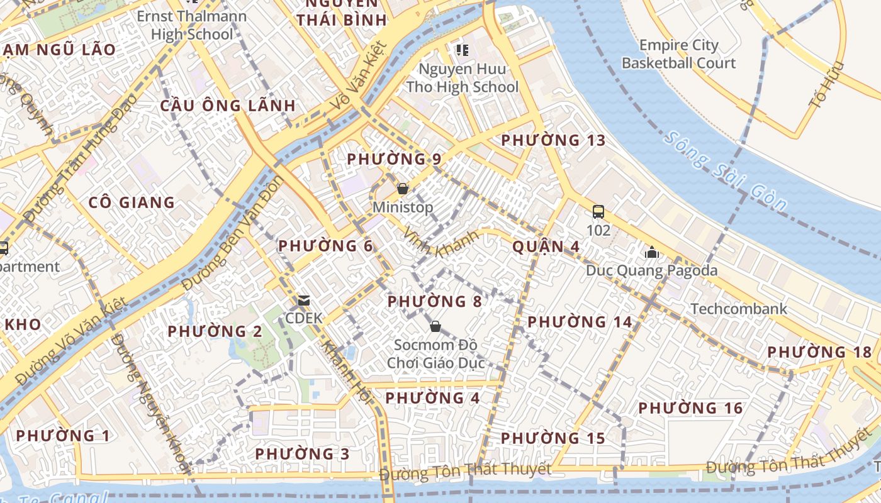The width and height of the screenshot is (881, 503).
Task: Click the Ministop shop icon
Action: coord(403,189)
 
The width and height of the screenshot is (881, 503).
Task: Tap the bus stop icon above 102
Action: coord(598,212)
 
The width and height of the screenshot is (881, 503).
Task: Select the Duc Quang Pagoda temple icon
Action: coord(651,253)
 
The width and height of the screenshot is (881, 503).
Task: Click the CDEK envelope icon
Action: coord(305,301)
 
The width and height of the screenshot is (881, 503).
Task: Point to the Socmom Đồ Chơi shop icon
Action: coord(435,326)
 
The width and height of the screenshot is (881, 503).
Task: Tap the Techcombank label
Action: coord(739,309)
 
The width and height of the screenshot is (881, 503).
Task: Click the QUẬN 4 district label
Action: coord(546,246)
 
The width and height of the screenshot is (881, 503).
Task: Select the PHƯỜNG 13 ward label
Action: coord(553,140)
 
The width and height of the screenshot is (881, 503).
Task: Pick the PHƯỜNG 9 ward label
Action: coord(394,159)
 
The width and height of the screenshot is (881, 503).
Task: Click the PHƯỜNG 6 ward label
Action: coord(325,246)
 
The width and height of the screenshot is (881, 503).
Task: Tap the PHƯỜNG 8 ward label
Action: coord(434,302)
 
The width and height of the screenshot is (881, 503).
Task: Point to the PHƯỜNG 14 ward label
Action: coord(580,323)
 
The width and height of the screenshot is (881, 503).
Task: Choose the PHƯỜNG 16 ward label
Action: coord(690,409)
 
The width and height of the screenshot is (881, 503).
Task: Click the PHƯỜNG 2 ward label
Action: coord(215,331)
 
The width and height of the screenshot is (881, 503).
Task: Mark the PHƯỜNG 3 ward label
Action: coord(302,454)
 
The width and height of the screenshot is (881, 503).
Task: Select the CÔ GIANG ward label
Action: coord(132,202)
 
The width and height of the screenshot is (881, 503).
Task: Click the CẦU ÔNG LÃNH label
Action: coord(227,105)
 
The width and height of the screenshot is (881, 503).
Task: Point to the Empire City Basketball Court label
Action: coord(678,54)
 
